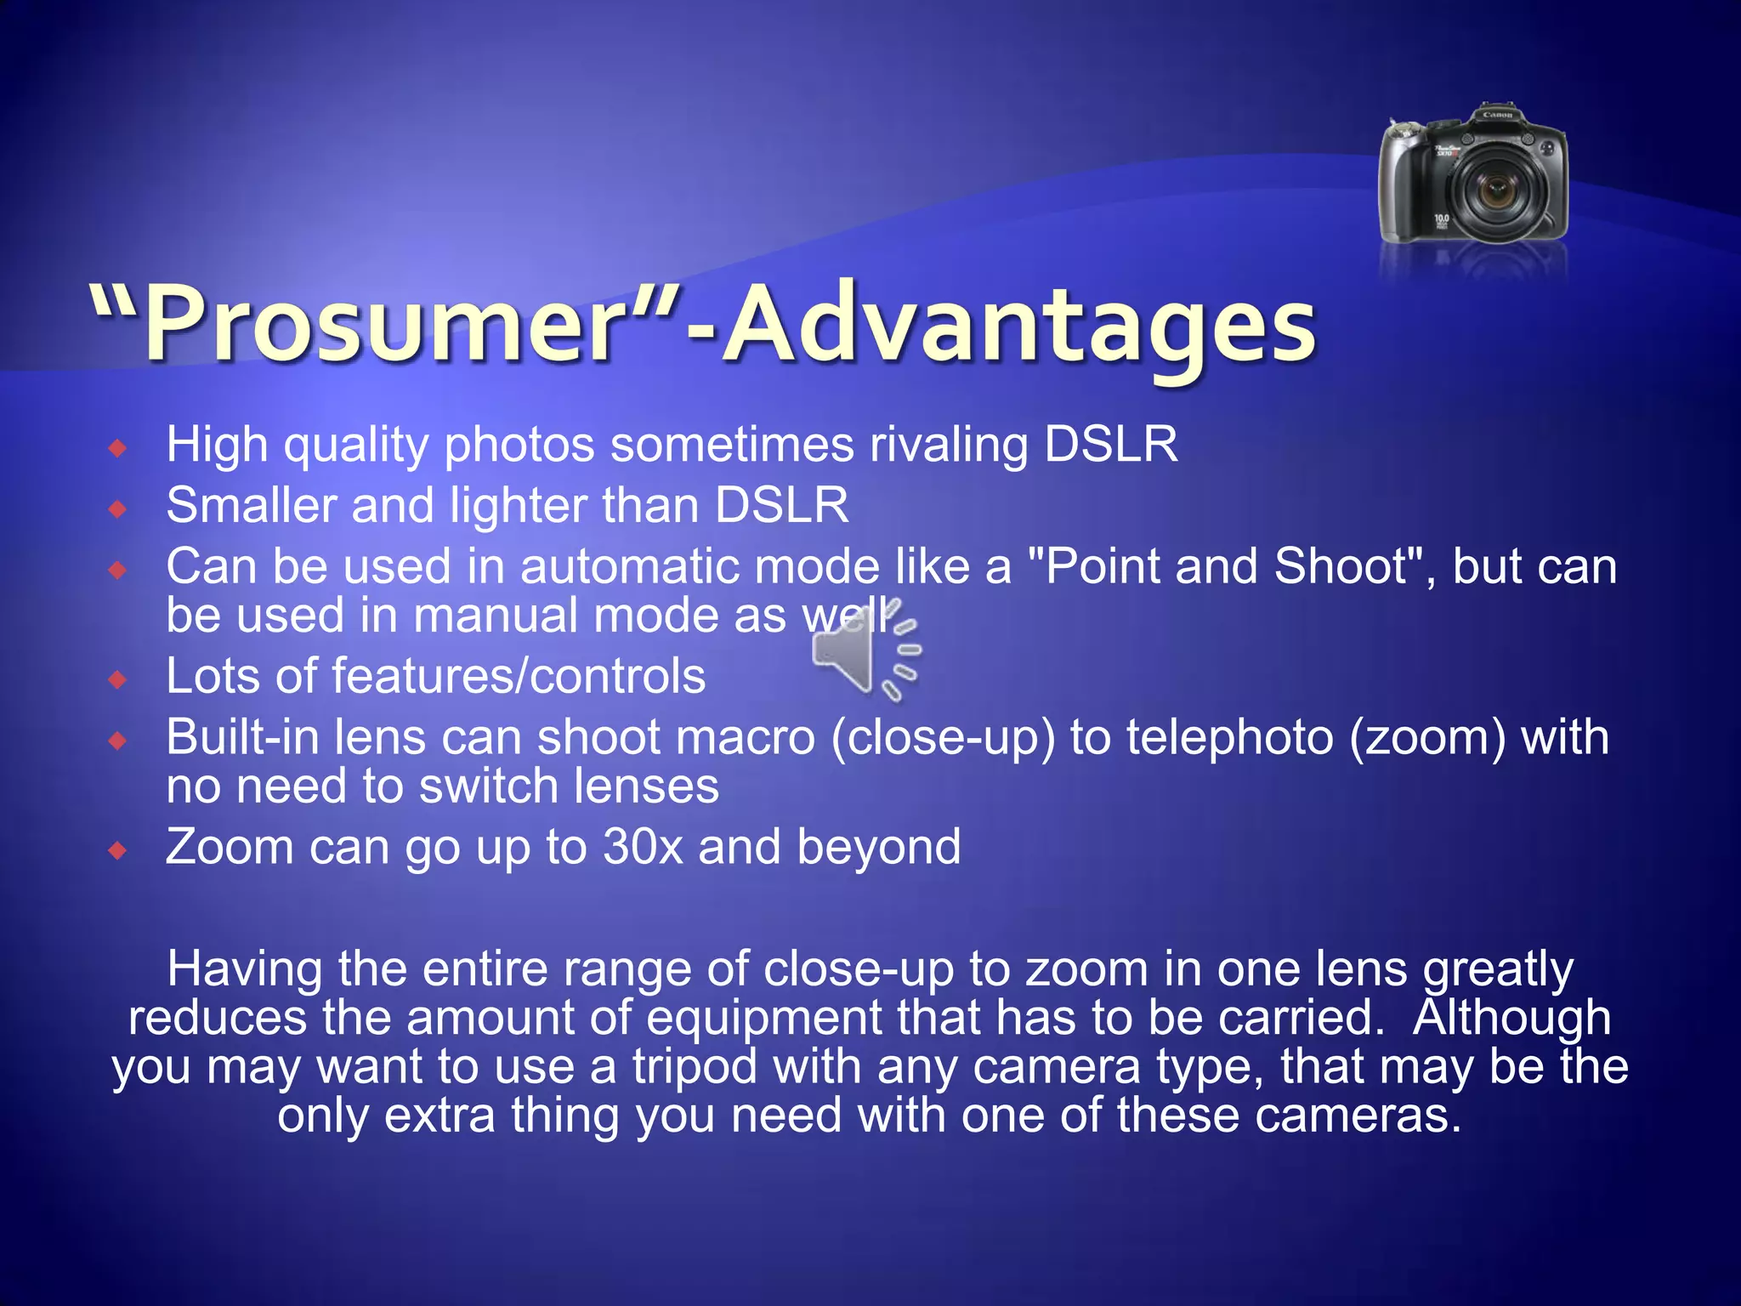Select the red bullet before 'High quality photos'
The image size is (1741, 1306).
(x=118, y=448)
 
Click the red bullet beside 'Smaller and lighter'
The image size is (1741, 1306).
(x=118, y=509)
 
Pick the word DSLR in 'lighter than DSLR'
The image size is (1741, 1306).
(x=781, y=505)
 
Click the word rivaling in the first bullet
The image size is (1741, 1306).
(x=948, y=444)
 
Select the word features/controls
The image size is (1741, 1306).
(x=519, y=676)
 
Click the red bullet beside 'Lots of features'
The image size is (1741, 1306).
(x=118, y=679)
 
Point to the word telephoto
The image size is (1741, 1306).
(x=1229, y=737)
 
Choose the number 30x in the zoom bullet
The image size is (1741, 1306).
(x=643, y=847)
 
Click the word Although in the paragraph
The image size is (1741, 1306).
(x=1511, y=1018)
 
